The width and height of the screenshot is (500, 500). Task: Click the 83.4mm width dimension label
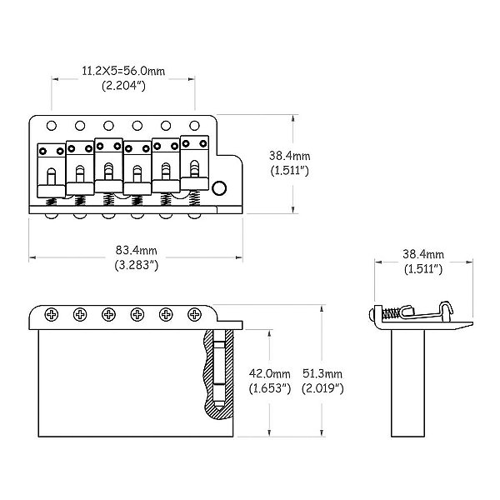(136, 251)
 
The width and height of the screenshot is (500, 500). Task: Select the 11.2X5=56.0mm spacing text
(123, 71)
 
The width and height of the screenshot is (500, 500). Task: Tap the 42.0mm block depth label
(269, 373)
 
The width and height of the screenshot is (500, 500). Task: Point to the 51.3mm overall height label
(322, 373)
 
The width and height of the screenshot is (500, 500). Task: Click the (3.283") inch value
(136, 265)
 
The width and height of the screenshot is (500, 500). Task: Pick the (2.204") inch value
(123, 86)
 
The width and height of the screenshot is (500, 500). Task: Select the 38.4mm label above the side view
(423, 254)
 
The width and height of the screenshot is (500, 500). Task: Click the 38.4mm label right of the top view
(289, 156)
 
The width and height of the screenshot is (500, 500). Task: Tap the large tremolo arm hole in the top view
(219, 187)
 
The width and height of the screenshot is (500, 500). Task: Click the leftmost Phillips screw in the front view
(52, 315)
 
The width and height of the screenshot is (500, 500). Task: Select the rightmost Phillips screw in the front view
(194, 315)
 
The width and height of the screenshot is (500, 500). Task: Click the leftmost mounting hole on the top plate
(52, 126)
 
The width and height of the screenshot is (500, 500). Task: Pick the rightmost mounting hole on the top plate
(194, 126)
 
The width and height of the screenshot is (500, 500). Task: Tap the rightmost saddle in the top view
(194, 163)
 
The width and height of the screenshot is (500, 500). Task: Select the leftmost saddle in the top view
(52, 171)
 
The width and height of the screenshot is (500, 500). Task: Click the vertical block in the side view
(407, 383)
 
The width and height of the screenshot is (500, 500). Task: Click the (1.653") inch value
(269, 388)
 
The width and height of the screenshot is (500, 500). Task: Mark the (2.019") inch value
(322, 388)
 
